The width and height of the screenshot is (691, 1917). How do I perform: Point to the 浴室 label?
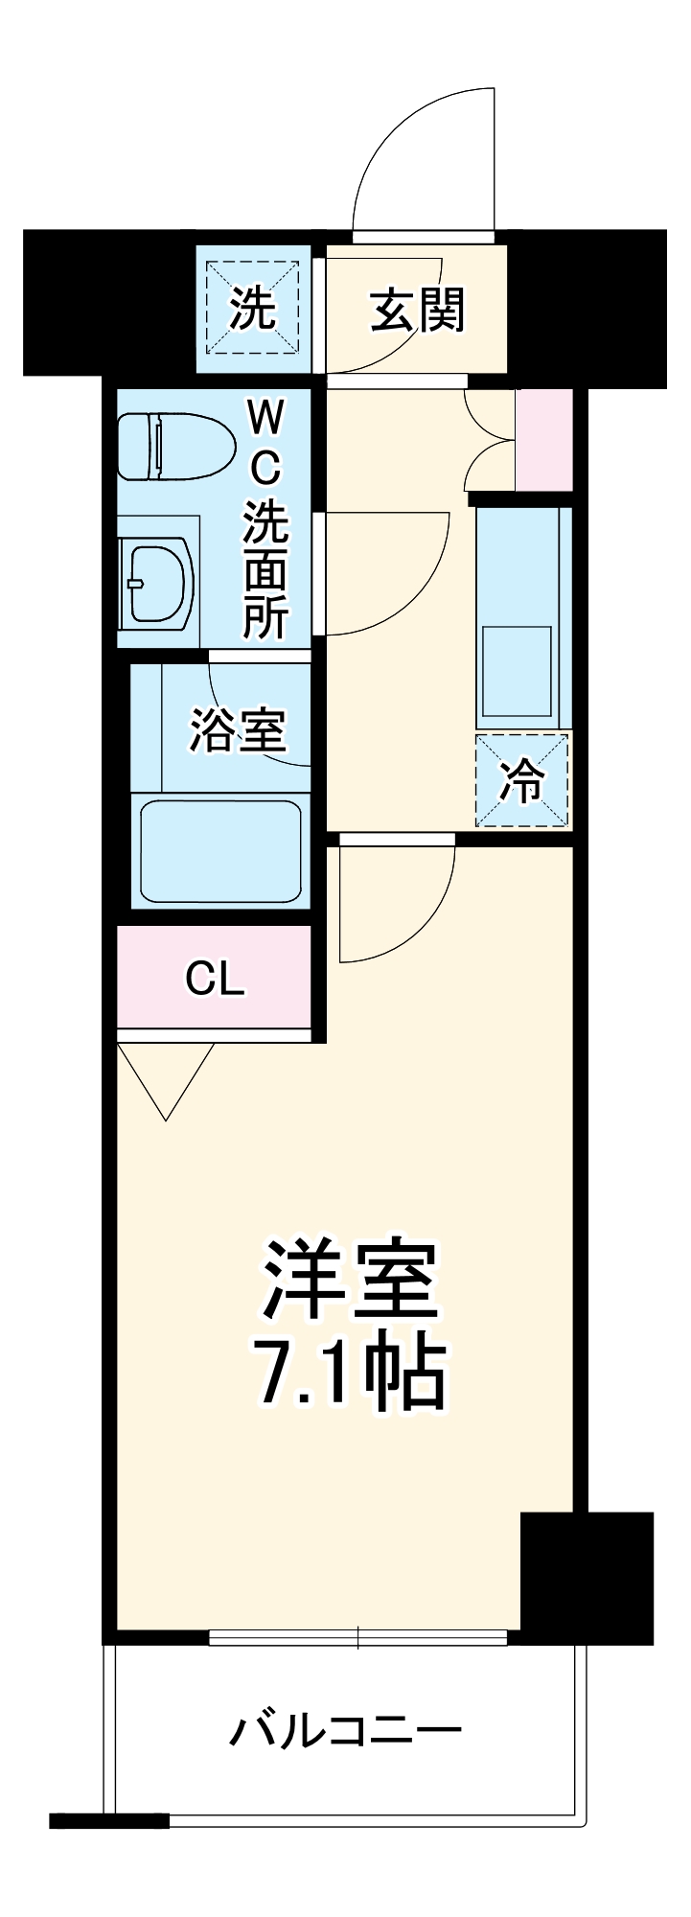click(x=237, y=730)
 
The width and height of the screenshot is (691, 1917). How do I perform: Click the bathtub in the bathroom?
click(x=220, y=852)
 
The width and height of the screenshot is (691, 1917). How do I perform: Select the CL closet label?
click(x=215, y=979)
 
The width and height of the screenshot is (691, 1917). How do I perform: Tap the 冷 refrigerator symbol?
click(x=522, y=780)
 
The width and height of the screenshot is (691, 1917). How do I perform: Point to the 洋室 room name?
click(x=350, y=1281)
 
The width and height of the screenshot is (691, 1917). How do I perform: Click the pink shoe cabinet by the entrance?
click(x=543, y=440)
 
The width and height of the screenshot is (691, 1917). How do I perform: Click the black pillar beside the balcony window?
click(x=586, y=1577)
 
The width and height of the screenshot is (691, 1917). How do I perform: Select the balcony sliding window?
click(x=357, y=1638)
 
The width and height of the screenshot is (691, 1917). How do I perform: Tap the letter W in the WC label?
click(x=265, y=419)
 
